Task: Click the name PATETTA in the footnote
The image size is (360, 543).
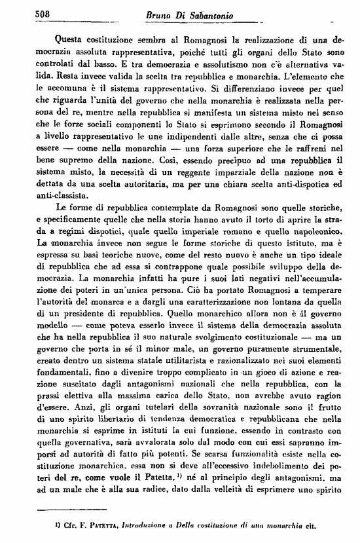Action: tap(100, 525)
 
